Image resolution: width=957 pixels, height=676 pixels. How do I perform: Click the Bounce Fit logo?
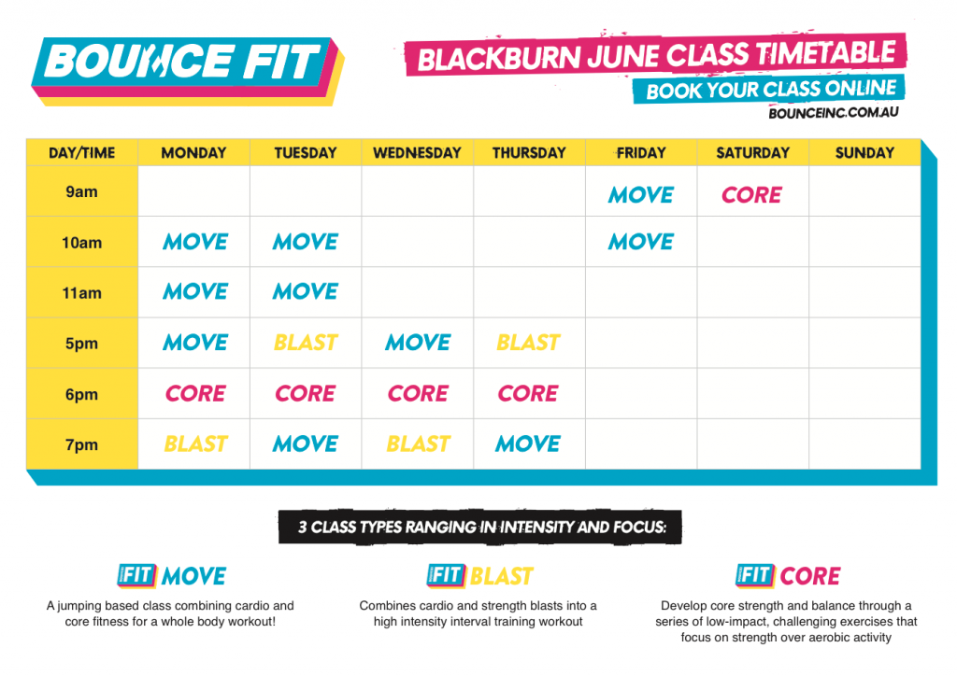click(x=187, y=70)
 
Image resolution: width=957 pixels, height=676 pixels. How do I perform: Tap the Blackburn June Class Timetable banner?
click(x=655, y=55)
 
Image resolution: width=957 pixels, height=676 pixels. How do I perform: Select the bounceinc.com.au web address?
click(x=833, y=113)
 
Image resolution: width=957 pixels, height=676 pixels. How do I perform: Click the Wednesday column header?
click(x=417, y=152)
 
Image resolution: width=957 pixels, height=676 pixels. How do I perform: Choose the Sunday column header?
click(x=864, y=152)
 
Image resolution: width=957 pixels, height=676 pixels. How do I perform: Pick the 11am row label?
click(x=82, y=293)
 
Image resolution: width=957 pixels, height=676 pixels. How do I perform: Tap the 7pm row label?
click(x=82, y=445)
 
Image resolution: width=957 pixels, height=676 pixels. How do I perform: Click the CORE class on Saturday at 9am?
click(x=752, y=195)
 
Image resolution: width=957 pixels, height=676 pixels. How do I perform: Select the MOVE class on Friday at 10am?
click(x=641, y=242)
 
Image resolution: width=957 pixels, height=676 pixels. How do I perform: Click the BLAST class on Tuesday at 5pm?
click(x=306, y=343)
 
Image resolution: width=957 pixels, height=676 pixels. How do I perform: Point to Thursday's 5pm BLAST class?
click(x=529, y=343)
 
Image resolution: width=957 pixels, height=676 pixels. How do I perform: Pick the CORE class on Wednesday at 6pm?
click(x=418, y=394)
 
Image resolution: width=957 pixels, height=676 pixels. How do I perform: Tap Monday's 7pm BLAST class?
click(x=195, y=444)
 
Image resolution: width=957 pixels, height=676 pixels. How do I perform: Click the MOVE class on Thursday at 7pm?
click(x=528, y=444)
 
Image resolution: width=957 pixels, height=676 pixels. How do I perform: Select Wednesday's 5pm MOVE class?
click(x=418, y=343)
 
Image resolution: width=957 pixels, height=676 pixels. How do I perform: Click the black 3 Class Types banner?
click(x=479, y=527)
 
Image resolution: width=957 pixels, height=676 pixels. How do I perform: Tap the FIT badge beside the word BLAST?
click(x=446, y=575)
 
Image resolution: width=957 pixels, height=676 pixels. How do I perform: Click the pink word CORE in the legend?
click(x=810, y=576)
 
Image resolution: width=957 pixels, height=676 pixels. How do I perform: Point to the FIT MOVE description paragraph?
click(x=170, y=613)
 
